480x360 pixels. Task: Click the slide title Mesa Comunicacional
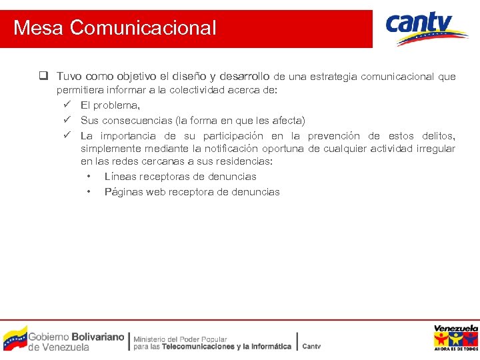point(115,28)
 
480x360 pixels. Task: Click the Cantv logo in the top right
point(426,29)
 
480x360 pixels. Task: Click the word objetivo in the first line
point(135,77)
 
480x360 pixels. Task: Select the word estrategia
point(336,77)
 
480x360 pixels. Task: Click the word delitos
point(437,135)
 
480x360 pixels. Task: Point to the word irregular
point(435,149)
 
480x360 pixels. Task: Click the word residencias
point(244,161)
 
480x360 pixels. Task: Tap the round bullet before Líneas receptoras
point(89,177)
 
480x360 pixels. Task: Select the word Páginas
point(123,192)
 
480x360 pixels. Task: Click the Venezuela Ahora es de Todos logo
point(456,338)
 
